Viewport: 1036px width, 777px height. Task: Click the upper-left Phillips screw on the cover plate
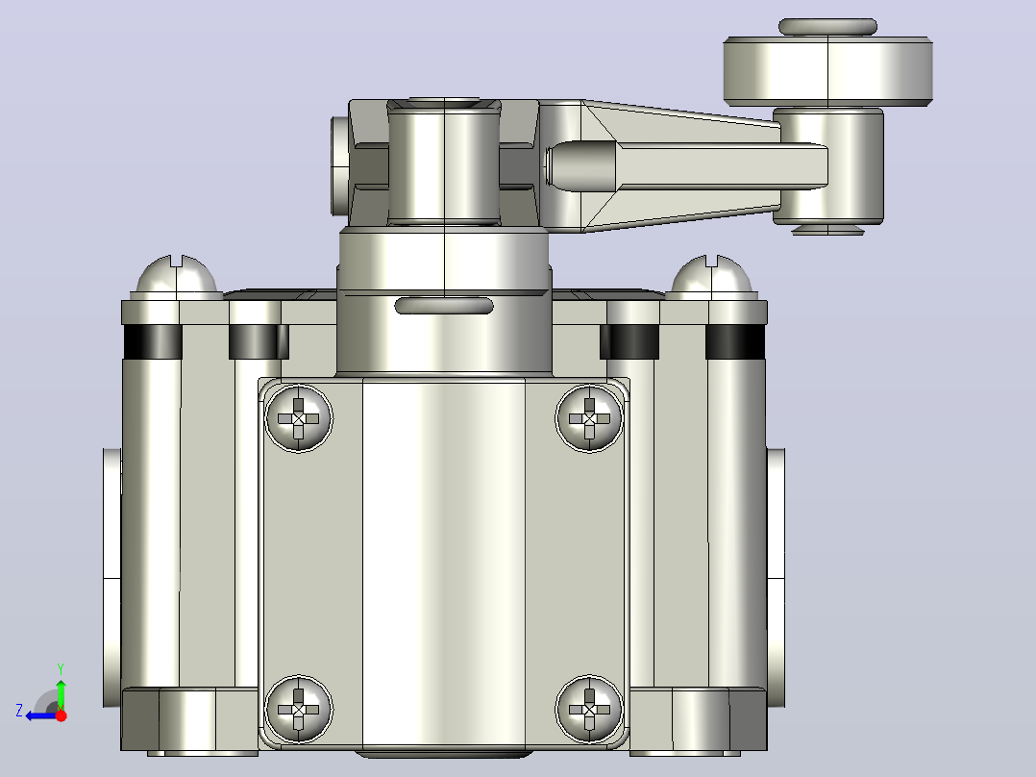(x=299, y=418)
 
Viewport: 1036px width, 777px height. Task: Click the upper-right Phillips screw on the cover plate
(x=589, y=418)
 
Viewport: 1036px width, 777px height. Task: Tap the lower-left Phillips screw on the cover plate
(x=299, y=710)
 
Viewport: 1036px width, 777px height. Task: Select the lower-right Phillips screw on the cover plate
(x=589, y=710)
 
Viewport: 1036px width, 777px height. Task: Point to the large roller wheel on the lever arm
(x=827, y=71)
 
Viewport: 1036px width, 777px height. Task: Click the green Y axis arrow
(x=61, y=691)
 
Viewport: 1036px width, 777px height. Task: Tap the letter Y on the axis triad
(x=61, y=668)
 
